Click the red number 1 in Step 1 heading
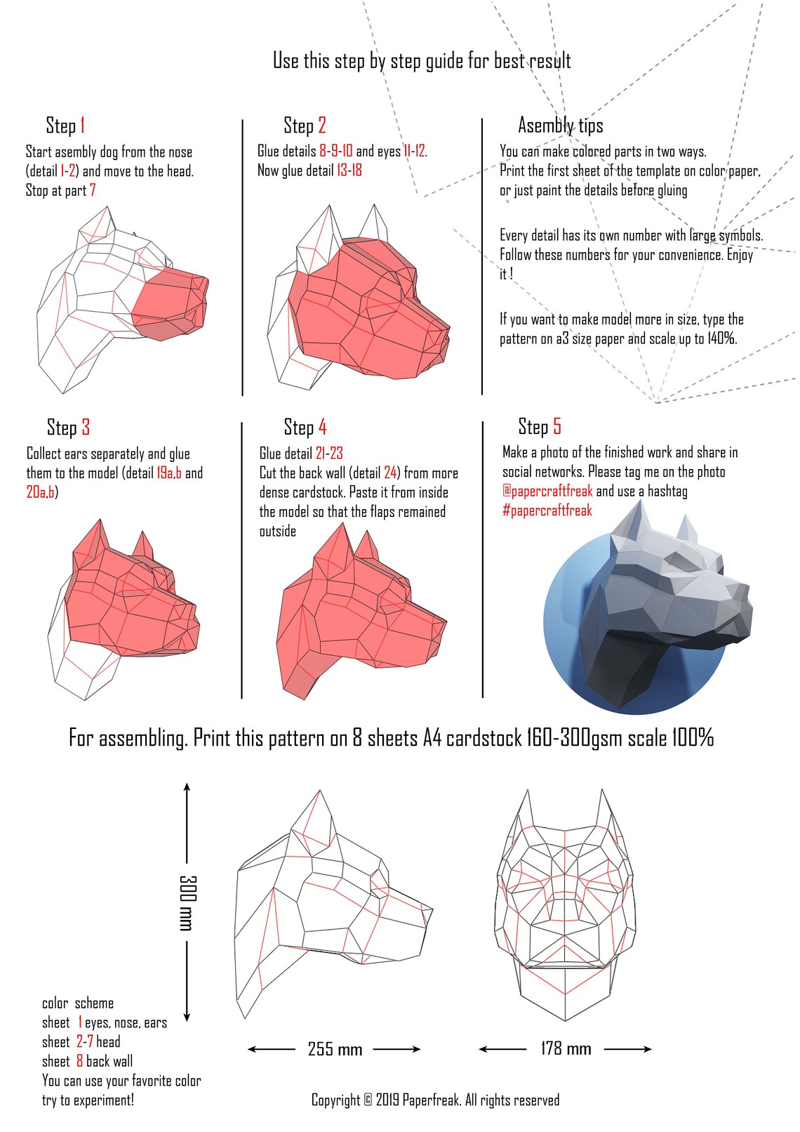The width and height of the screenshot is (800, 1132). pyautogui.click(x=83, y=126)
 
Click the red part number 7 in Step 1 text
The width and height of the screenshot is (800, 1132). pyautogui.click(x=93, y=190)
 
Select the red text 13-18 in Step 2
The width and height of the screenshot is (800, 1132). pyautogui.click(x=349, y=171)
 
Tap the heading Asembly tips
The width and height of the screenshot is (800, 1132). pyautogui.click(x=560, y=126)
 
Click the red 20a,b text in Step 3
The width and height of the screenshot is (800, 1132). pyautogui.click(x=41, y=492)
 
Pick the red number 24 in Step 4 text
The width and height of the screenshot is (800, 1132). pyautogui.click(x=391, y=473)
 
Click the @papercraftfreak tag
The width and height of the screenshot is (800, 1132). pyautogui.click(x=547, y=491)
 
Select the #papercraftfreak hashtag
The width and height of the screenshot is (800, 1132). pyautogui.click(x=547, y=511)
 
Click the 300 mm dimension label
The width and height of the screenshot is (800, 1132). pyautogui.click(x=187, y=902)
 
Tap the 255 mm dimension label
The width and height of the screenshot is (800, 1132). pyautogui.click(x=335, y=1050)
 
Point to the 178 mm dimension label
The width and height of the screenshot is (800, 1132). pyautogui.click(x=566, y=1049)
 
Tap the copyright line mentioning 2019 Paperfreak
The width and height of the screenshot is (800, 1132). pyautogui.click(x=435, y=1100)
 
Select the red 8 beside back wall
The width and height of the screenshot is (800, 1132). pyautogui.click(x=80, y=1061)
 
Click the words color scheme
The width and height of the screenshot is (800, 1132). pyautogui.click(x=77, y=1003)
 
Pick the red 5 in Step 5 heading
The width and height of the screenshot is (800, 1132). pyautogui.click(x=557, y=427)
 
